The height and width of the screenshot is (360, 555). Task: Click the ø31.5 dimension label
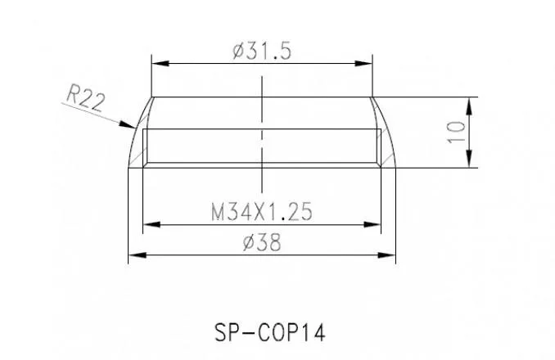tap(262, 51)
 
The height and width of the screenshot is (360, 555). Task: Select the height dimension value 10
tap(456, 133)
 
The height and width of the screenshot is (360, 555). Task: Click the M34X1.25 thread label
tap(262, 211)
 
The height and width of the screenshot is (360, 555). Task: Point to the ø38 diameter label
tap(262, 243)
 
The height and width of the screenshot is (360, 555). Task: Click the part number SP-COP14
tap(269, 333)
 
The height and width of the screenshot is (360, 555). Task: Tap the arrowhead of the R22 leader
tap(127, 124)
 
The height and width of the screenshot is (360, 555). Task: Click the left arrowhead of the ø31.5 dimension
tap(160, 64)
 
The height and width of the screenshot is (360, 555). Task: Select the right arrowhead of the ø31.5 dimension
tap(364, 64)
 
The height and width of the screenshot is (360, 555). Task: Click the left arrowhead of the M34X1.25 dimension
tap(151, 224)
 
